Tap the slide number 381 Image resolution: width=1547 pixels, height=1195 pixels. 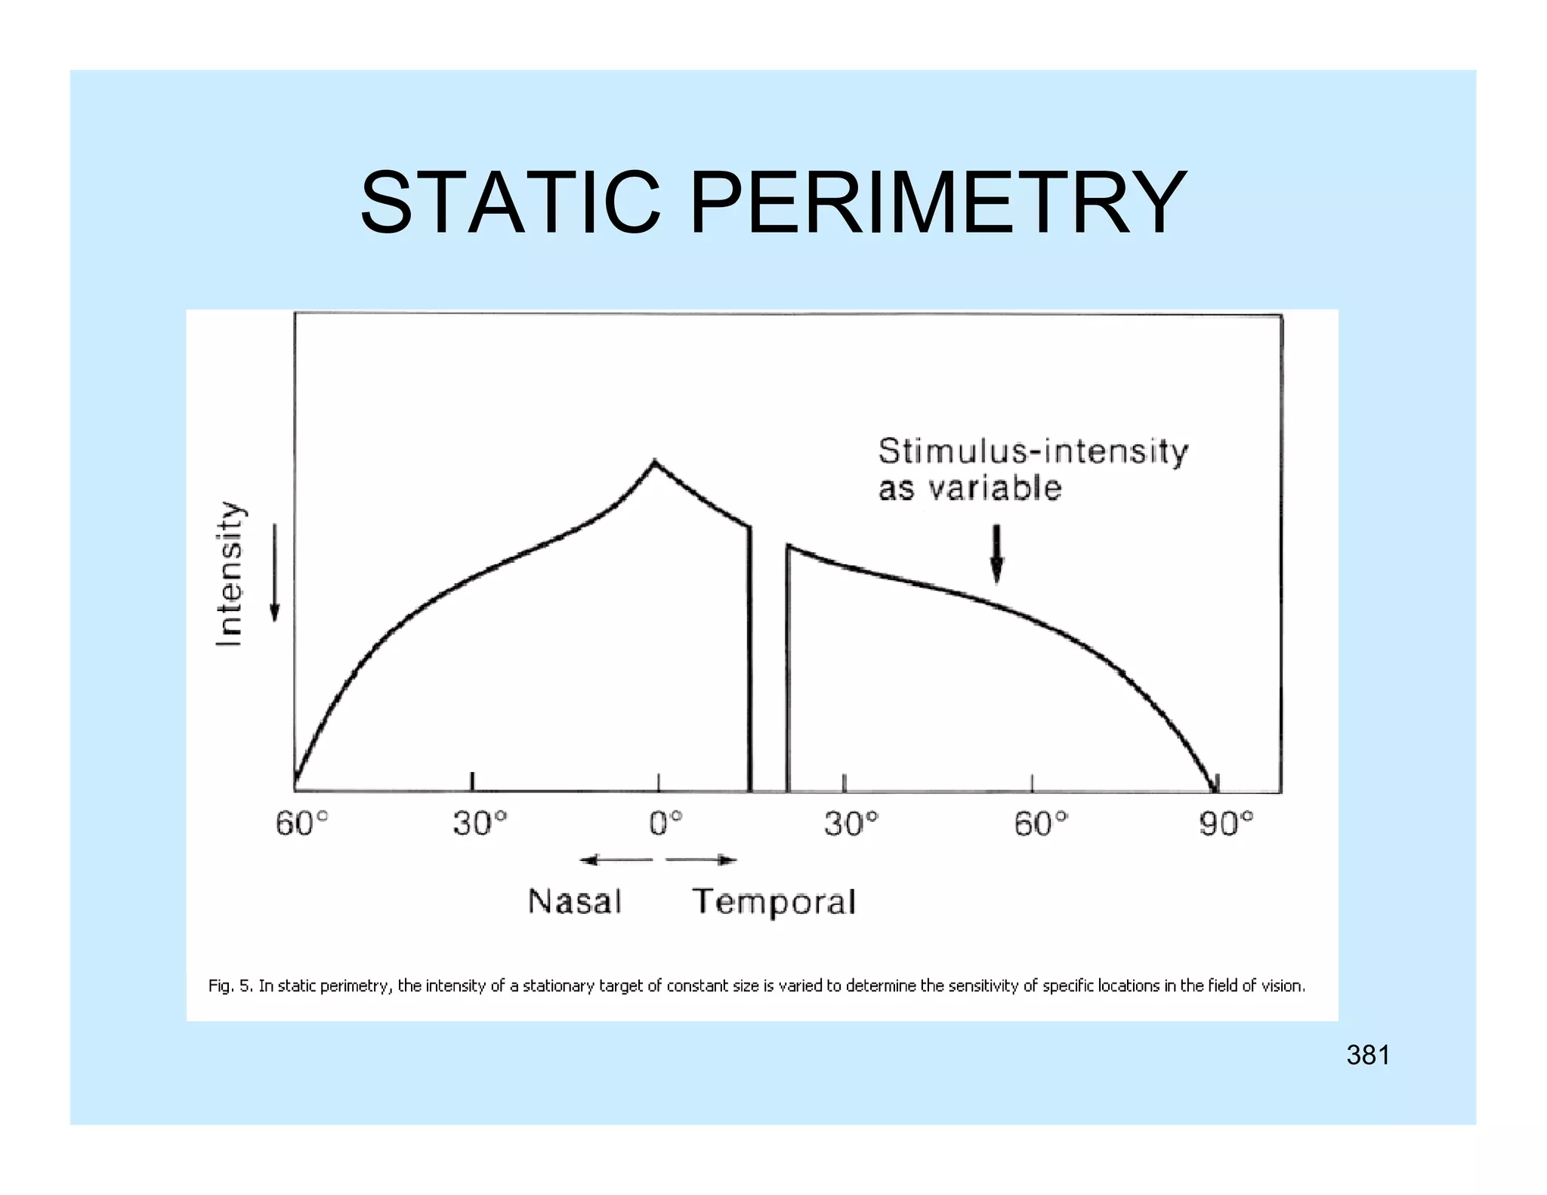tap(1368, 1055)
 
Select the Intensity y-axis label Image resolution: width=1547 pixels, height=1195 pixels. tap(230, 574)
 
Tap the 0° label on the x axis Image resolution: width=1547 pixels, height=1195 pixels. tap(665, 824)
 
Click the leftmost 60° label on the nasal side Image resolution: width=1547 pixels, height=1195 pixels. tap(302, 824)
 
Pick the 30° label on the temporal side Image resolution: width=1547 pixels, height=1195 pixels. tap(851, 824)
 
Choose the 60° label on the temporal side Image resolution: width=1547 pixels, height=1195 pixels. tap(1041, 824)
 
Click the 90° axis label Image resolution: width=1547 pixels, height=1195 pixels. tap(1226, 824)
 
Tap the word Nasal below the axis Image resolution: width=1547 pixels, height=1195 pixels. tap(575, 901)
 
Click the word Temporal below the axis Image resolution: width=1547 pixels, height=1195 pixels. tap(774, 902)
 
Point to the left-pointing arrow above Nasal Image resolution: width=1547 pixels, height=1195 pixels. tap(616, 860)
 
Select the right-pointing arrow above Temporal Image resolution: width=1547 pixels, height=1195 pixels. tap(701, 860)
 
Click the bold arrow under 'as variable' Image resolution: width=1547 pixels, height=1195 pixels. tap(997, 554)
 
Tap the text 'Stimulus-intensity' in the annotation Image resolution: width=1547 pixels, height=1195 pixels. tap(1033, 452)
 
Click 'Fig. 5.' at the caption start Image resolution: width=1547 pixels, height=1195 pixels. tap(231, 986)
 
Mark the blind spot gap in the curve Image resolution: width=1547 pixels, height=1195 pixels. tap(768, 665)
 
